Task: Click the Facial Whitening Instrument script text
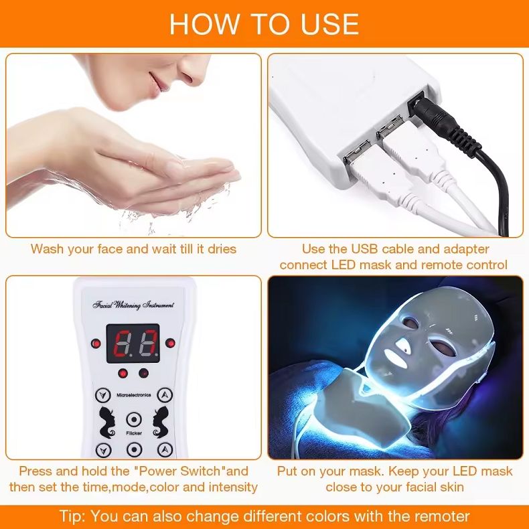tap(133, 305)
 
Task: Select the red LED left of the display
tap(96, 344)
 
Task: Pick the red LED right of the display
tap(170, 344)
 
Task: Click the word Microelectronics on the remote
tap(133, 396)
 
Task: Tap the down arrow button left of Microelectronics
tap(102, 395)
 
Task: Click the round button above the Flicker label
tap(134, 420)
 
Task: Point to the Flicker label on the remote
tap(133, 434)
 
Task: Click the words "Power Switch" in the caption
tap(178, 471)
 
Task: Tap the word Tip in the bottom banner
tap(72, 516)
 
